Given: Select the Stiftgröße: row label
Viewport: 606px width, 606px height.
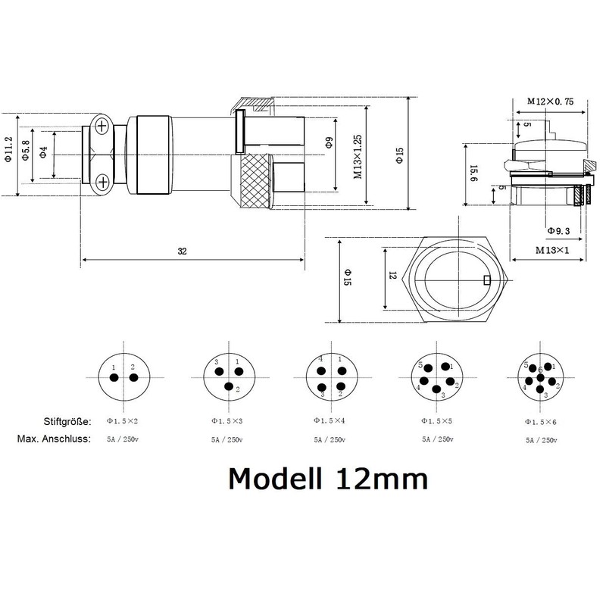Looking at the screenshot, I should [66, 420].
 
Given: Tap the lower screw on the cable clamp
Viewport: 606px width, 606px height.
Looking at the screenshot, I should [101, 180].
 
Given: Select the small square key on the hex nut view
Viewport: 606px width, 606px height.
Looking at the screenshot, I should [486, 283].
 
